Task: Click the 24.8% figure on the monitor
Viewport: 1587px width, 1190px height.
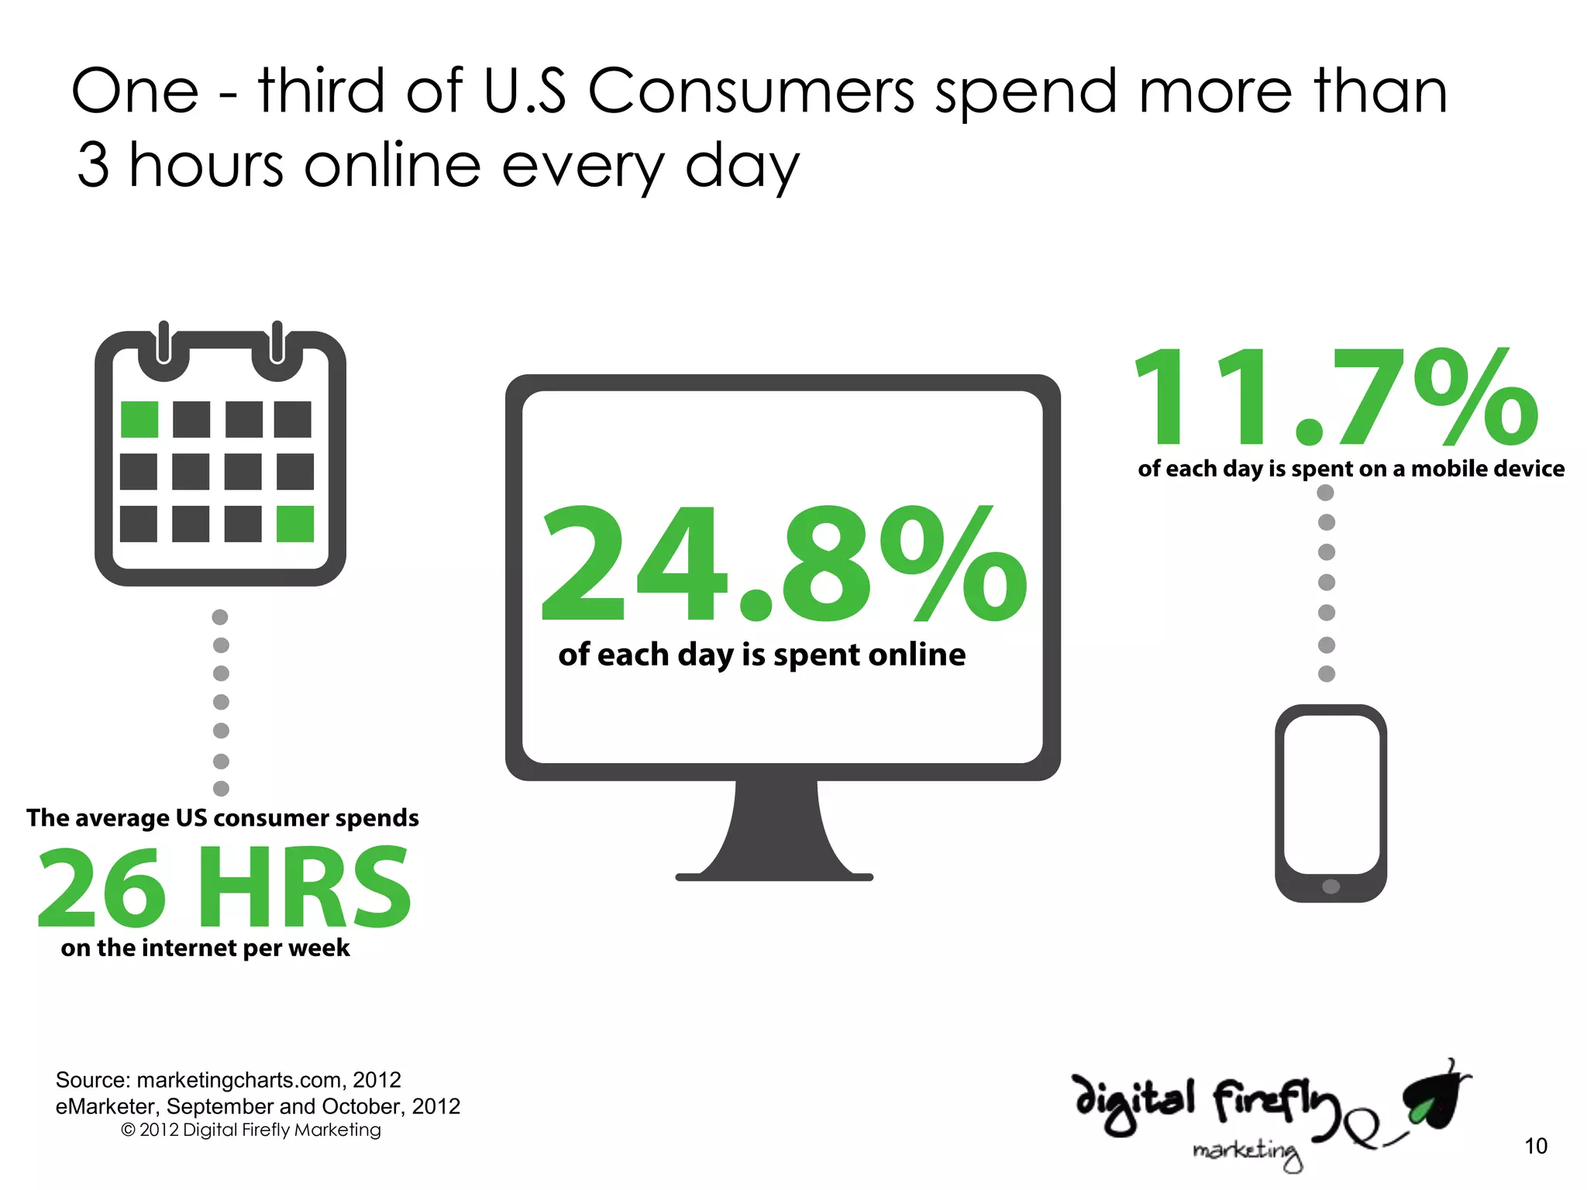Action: point(783,564)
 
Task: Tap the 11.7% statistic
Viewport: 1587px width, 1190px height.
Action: point(1334,397)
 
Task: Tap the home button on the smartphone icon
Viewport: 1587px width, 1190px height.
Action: point(1331,886)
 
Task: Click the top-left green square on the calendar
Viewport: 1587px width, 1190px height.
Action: point(139,419)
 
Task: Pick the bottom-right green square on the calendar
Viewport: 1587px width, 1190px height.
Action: point(295,524)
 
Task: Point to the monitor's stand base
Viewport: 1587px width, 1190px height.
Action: point(774,876)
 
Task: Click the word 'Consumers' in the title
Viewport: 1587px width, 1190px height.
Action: point(751,91)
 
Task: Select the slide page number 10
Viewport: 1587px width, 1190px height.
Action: point(1535,1146)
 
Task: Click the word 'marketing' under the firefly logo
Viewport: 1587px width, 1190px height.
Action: point(1247,1152)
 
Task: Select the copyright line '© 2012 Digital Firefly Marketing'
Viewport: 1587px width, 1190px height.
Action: point(251,1130)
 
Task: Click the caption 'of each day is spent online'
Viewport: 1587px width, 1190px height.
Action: point(762,655)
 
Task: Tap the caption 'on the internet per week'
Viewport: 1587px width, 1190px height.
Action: point(205,948)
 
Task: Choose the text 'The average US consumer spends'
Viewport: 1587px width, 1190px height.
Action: point(222,818)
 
